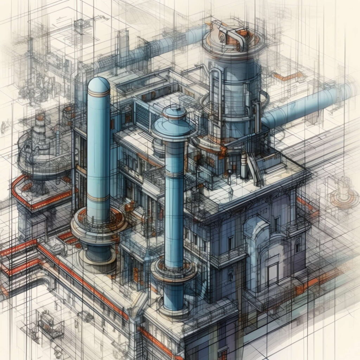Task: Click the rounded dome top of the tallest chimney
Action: tap(98, 84)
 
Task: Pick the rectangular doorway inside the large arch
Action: tap(272, 272)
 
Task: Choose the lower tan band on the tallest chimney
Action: tap(98, 198)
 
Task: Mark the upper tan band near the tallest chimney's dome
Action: tap(98, 93)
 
